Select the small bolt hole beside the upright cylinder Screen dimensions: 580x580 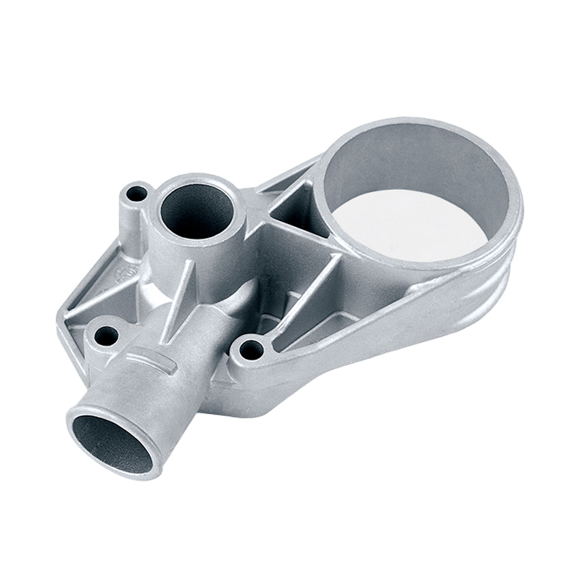[134, 194]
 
